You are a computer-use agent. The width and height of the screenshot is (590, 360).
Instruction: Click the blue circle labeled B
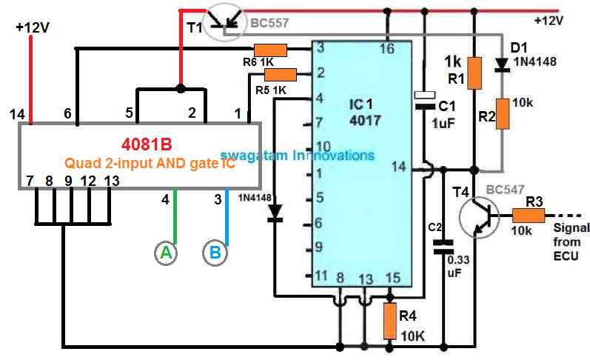[x=214, y=253]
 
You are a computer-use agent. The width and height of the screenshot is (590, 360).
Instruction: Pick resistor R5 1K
[x=281, y=73]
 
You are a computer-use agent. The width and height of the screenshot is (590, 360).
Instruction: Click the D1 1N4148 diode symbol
[x=504, y=64]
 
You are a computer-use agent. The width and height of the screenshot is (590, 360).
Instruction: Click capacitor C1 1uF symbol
[x=425, y=100]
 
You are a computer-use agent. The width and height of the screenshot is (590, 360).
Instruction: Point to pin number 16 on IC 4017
[x=386, y=49]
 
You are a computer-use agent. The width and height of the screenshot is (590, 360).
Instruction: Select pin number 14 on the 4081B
[x=18, y=114]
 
